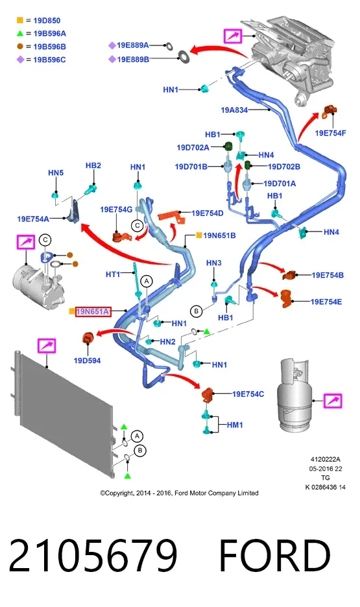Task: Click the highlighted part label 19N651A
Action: (x=93, y=311)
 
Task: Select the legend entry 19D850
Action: (x=47, y=21)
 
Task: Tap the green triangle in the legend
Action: (x=20, y=34)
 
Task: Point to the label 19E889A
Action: (x=133, y=45)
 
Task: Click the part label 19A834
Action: (x=234, y=110)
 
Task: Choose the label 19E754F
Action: (x=330, y=133)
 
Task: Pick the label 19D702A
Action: (x=193, y=147)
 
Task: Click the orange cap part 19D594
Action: (x=88, y=338)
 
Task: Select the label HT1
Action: (x=113, y=274)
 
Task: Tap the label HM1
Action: (x=235, y=425)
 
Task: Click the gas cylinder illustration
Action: (x=294, y=394)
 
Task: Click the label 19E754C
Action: (x=248, y=394)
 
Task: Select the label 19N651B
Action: (x=219, y=235)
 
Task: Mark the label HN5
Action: (x=56, y=173)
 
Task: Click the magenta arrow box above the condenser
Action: (x=47, y=346)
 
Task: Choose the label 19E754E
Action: (x=326, y=302)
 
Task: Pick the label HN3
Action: (x=213, y=263)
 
